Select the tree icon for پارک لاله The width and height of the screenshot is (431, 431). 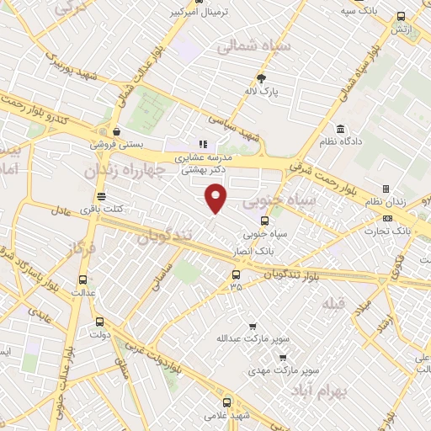[261, 78]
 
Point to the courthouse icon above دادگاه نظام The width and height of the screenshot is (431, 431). [340, 129]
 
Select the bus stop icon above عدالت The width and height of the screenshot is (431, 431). [82, 279]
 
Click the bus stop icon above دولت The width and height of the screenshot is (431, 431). [100, 321]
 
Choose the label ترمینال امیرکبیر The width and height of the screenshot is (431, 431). [199, 13]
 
